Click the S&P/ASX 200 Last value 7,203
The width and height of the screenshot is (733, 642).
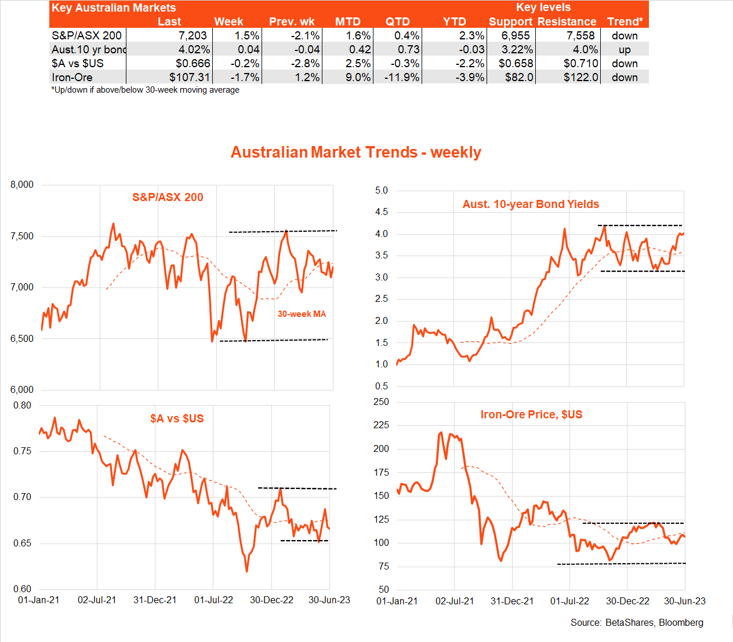click(x=193, y=35)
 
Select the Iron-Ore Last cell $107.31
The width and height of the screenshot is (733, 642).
click(x=190, y=77)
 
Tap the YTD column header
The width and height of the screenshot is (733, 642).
click(x=454, y=21)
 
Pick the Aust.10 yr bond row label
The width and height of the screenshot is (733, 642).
click(x=89, y=49)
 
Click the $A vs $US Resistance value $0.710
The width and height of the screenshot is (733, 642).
click(x=580, y=63)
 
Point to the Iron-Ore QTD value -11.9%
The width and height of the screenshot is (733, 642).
click(x=401, y=77)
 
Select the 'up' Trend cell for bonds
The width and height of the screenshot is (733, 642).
click(x=625, y=49)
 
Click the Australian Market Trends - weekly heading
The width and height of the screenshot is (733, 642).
click(x=356, y=152)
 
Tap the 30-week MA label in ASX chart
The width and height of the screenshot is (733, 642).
click(x=302, y=314)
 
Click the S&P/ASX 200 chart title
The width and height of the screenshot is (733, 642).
click(x=168, y=197)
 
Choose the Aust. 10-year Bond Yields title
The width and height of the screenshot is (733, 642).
click(x=531, y=204)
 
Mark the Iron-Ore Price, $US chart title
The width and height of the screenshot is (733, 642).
click(x=531, y=414)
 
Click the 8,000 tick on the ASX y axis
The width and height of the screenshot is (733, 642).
click(x=22, y=184)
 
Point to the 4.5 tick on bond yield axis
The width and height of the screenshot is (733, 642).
click(x=382, y=212)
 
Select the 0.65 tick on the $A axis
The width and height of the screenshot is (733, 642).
click(x=22, y=543)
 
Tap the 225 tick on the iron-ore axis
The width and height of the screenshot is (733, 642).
click(x=381, y=425)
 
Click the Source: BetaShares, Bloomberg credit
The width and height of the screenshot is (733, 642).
click(x=637, y=622)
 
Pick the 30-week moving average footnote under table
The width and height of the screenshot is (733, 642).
click(x=145, y=90)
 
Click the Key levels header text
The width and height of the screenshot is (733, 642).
click(x=543, y=8)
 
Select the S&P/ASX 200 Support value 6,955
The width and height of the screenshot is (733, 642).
click(x=516, y=35)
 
